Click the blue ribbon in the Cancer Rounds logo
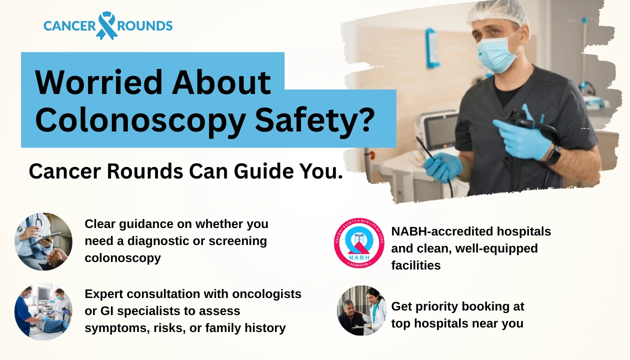[x=106, y=25]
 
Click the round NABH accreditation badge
[x=359, y=243]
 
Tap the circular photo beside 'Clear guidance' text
[x=43, y=241]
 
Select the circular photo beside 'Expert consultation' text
[x=43, y=311]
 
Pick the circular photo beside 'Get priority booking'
[x=361, y=310]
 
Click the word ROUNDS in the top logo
[x=145, y=25]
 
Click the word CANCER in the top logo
[x=69, y=25]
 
